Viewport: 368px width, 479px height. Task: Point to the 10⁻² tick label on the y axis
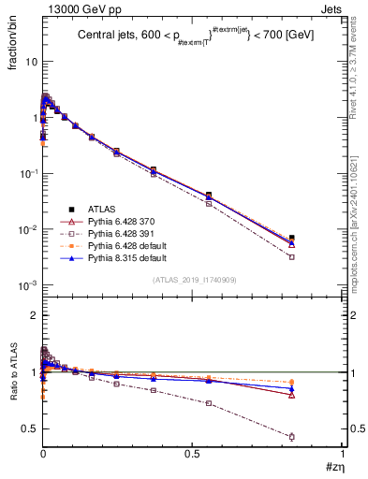pyautogui.click(x=28, y=230)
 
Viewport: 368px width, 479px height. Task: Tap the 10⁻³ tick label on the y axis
pyautogui.click(x=28, y=286)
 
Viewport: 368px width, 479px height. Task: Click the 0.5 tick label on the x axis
pyautogui.click(x=192, y=454)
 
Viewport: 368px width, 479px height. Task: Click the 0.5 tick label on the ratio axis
pyautogui.click(x=29, y=429)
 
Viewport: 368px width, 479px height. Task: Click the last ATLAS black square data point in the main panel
pyautogui.click(x=318, y=238)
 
